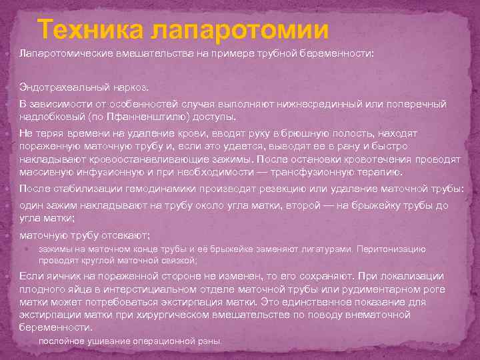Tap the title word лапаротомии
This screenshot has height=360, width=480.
coord(239,31)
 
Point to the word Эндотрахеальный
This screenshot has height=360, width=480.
coord(61,87)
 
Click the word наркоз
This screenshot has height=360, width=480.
coord(127,87)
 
